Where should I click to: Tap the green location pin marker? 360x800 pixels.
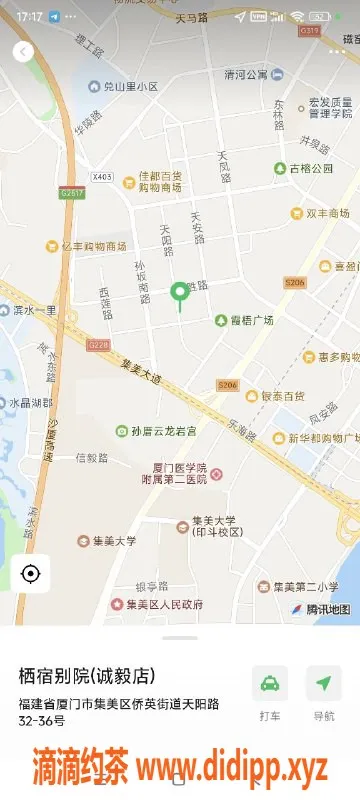point(180,292)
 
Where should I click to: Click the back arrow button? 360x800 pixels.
point(24,52)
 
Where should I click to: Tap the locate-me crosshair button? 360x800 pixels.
point(30,574)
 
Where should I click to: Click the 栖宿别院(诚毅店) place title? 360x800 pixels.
point(88,677)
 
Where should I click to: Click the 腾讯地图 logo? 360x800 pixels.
point(320,609)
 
